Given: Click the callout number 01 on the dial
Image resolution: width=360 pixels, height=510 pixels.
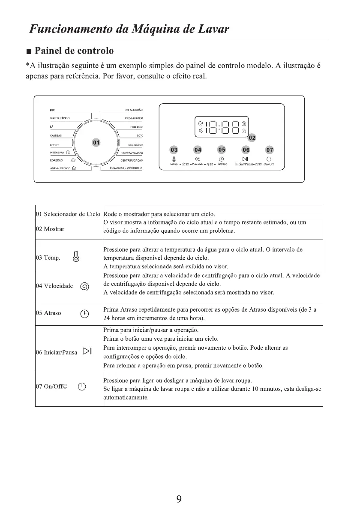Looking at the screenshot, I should click(x=96, y=142).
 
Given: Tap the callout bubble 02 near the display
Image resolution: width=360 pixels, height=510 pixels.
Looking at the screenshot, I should click(x=252, y=138).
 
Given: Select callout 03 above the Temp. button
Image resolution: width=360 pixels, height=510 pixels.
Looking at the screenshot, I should click(x=174, y=150).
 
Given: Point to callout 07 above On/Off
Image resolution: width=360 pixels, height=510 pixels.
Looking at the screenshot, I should click(x=270, y=150).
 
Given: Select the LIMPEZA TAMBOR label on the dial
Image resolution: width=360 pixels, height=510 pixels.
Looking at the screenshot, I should click(x=132, y=153).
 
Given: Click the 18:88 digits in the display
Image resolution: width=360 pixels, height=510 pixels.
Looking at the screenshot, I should click(x=222, y=127).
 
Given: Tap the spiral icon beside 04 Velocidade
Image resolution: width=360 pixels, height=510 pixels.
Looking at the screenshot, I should click(x=85, y=286).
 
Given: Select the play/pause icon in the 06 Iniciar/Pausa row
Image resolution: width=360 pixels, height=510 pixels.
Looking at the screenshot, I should click(x=88, y=352).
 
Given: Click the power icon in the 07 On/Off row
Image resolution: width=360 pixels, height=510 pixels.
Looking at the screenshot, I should click(x=82, y=387).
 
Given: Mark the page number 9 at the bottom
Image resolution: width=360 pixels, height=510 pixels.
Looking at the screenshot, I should click(x=179, y=498).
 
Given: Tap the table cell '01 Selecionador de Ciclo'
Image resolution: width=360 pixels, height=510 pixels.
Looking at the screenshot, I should click(x=69, y=214).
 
